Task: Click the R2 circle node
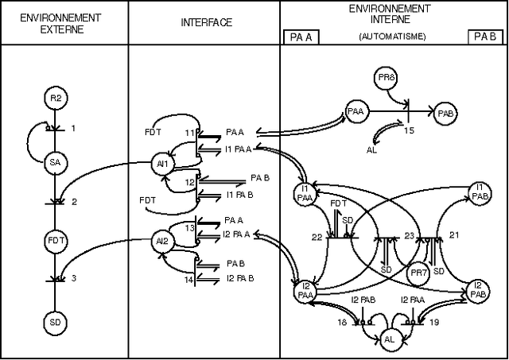(x=55, y=99)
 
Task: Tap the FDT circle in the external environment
(x=55, y=240)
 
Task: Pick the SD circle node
(x=55, y=323)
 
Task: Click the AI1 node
(x=162, y=164)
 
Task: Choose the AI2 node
(x=162, y=240)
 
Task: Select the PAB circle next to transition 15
(x=445, y=113)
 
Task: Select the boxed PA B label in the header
(x=485, y=37)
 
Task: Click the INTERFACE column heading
(x=206, y=22)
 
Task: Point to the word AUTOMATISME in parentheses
(x=392, y=37)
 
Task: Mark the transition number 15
(x=409, y=130)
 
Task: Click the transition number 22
(x=317, y=237)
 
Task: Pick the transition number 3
(x=73, y=278)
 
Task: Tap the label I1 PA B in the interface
(x=240, y=195)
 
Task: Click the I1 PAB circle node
(x=479, y=191)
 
